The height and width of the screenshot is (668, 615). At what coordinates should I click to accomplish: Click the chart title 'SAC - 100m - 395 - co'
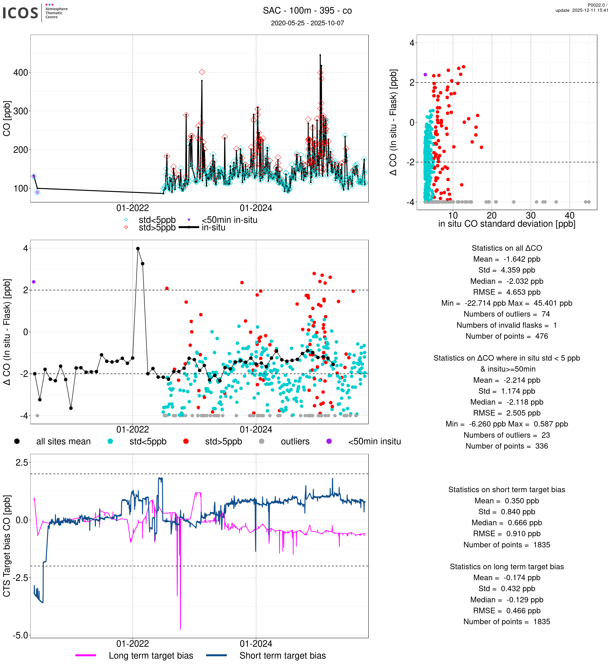307,11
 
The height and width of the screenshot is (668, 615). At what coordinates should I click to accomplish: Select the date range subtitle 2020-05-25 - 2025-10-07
307,23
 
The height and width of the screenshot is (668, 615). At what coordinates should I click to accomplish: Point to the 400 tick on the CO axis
21,73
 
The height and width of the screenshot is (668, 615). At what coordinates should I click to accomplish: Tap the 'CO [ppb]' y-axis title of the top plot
7,118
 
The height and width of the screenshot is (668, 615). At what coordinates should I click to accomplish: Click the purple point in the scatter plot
425,74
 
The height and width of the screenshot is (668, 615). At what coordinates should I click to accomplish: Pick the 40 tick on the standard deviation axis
569,215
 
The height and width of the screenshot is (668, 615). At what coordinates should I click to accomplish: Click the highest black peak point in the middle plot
138,249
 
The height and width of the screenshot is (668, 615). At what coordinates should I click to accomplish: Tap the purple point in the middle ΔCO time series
34,282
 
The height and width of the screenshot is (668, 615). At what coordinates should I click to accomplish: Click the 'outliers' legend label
295,441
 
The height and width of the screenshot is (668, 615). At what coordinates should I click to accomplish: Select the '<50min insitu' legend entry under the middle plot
374,441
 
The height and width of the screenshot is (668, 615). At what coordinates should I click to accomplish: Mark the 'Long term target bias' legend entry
151,655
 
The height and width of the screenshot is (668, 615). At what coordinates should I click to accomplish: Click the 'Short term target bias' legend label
282,655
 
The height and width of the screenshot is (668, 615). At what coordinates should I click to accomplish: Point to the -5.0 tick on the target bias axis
21,635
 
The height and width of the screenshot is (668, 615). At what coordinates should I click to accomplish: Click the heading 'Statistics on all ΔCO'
507,248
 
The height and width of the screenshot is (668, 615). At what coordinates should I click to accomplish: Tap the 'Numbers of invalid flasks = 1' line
507,325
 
